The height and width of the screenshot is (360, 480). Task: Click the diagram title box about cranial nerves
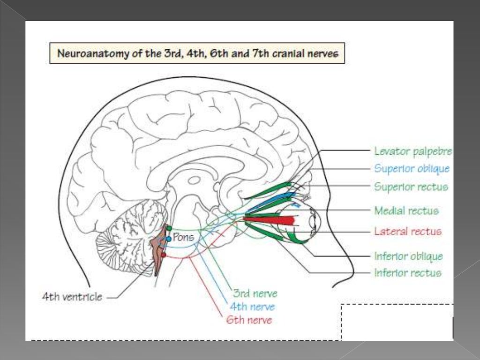coord(197,53)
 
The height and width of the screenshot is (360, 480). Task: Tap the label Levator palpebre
coord(413,151)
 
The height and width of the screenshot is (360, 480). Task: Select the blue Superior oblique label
coord(412,169)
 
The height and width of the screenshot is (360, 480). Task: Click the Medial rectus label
coord(406,211)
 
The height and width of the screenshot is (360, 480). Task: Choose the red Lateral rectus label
coord(408,232)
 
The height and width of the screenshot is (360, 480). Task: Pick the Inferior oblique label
coord(408,256)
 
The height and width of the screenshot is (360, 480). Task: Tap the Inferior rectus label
coord(408,273)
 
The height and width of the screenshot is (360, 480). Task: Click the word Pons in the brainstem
coord(183,237)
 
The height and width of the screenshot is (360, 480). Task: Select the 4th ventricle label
coord(72,297)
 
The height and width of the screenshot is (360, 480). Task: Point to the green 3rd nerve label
coord(255,294)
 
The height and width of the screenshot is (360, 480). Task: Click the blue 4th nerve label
coord(252,307)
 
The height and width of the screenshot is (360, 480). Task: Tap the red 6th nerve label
coord(248,320)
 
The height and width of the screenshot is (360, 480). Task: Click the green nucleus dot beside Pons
coord(169,228)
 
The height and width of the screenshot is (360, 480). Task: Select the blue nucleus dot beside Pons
coord(169,239)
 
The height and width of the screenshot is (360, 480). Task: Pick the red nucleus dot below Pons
coord(164,255)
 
